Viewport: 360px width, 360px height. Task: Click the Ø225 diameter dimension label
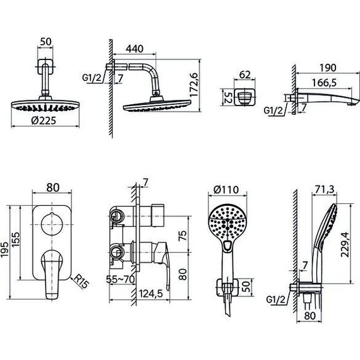pyautogui.click(x=44, y=121)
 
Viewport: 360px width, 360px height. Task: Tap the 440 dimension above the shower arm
pyautogui.click(x=135, y=49)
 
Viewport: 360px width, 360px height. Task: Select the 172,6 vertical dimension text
pyautogui.click(x=194, y=85)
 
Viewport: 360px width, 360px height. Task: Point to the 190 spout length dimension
pyautogui.click(x=328, y=68)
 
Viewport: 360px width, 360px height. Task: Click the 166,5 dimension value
pyautogui.click(x=324, y=83)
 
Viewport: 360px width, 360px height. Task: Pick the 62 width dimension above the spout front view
pyautogui.click(x=245, y=75)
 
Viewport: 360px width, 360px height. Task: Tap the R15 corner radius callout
pyautogui.click(x=81, y=282)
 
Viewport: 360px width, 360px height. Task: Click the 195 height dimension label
pyautogui.click(x=4, y=249)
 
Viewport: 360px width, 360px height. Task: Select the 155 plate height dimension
pyautogui.click(x=16, y=240)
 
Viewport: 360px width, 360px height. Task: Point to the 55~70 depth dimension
pyautogui.click(x=120, y=279)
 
